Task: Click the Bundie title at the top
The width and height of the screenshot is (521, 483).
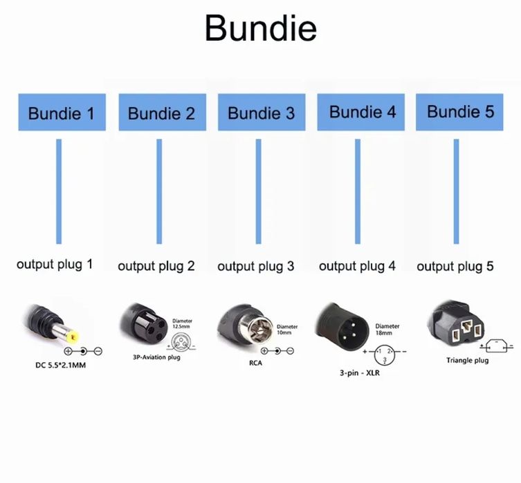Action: pyautogui.click(x=260, y=29)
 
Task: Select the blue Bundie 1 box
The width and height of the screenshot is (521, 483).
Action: pyautogui.click(x=62, y=113)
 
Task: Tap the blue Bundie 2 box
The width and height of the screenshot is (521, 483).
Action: pyautogui.click(x=161, y=113)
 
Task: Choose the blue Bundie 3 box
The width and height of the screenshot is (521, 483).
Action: pyautogui.click(x=261, y=113)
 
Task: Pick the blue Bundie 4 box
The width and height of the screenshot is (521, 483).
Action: pyautogui.click(x=361, y=112)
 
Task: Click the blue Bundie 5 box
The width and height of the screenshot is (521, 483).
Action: pyautogui.click(x=459, y=112)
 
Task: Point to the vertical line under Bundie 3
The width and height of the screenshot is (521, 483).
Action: pyautogui.click(x=258, y=191)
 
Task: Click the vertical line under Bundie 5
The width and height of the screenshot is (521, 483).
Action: pyautogui.click(x=456, y=191)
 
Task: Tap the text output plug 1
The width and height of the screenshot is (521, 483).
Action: pyautogui.click(x=55, y=264)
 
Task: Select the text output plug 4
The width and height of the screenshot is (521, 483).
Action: pyautogui.click(x=357, y=265)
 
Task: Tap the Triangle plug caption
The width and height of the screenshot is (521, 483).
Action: pyautogui.click(x=467, y=360)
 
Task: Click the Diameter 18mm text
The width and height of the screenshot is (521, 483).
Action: pyautogui.click(x=387, y=330)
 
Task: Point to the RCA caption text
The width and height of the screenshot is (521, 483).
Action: pyautogui.click(x=256, y=363)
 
